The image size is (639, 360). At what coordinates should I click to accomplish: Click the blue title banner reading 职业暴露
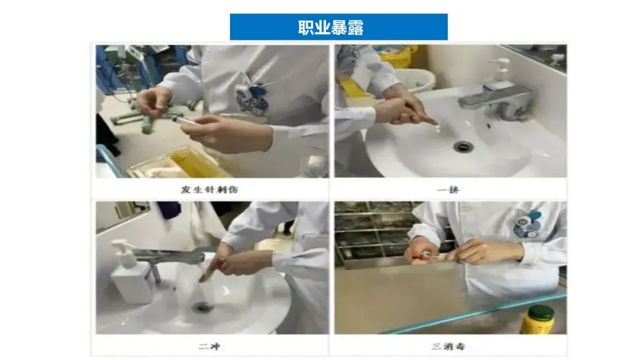338,27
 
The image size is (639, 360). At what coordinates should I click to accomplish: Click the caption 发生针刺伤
209,189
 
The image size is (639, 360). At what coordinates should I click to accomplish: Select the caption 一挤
448,189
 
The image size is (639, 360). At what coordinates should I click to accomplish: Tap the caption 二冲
209,346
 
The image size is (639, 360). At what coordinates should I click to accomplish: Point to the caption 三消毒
448,346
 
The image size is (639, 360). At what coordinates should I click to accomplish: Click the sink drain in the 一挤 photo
463,146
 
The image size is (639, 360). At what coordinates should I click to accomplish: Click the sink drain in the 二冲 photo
203,307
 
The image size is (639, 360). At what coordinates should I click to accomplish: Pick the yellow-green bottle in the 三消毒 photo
538,320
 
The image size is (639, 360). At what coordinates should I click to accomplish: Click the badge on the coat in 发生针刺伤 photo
252,99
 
